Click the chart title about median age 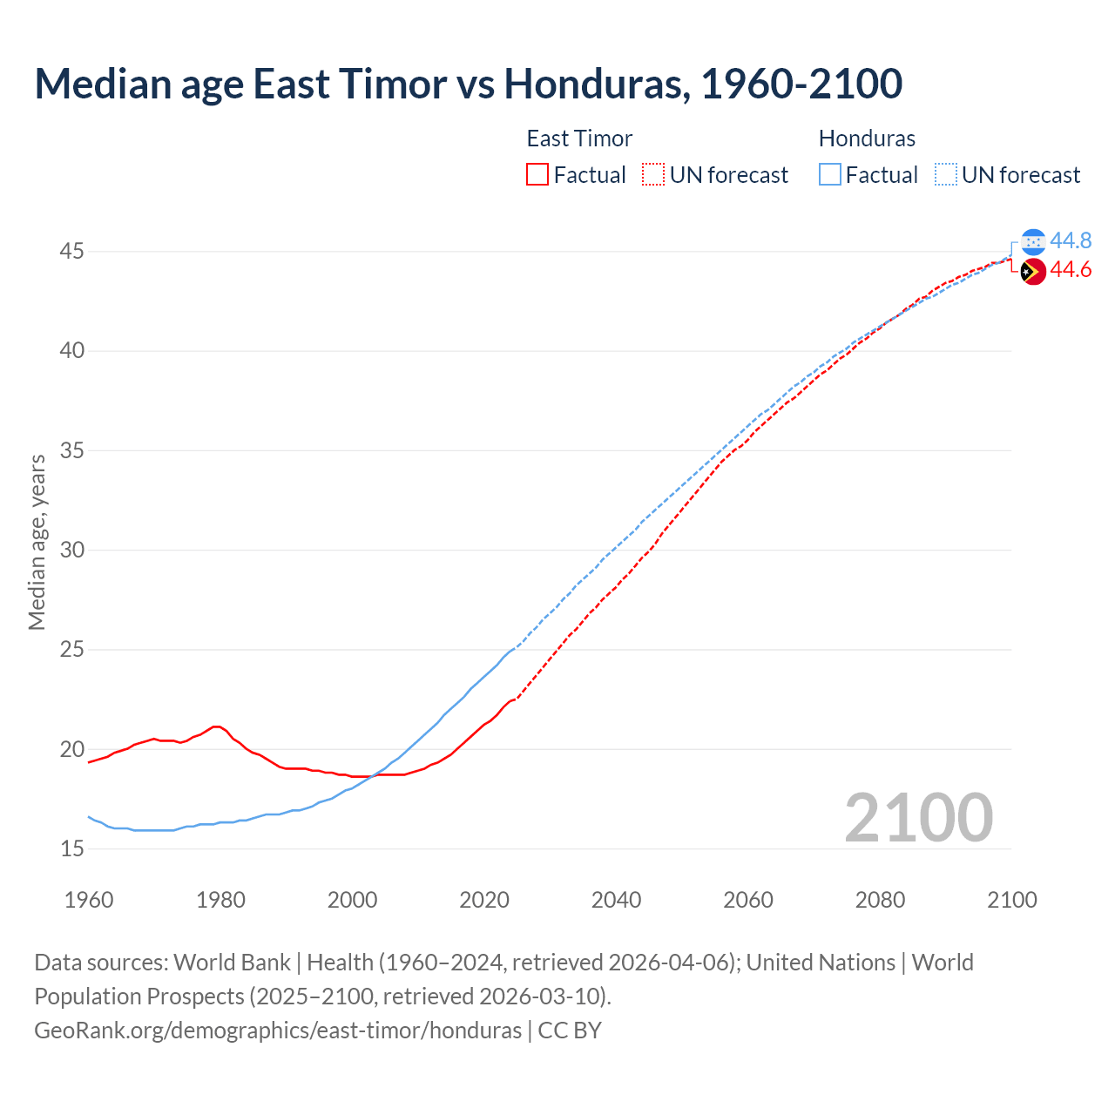[x=468, y=84]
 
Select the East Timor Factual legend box [x=537, y=175]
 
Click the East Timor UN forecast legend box [x=653, y=175]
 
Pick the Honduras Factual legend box [x=830, y=175]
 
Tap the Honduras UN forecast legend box [x=945, y=175]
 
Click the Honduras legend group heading [x=867, y=139]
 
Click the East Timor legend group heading [x=579, y=139]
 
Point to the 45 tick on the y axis [x=72, y=252]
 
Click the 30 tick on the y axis [x=72, y=550]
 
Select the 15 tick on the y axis [x=72, y=848]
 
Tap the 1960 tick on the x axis [x=89, y=900]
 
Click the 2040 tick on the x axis [x=616, y=900]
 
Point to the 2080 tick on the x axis [x=880, y=900]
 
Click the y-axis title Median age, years [x=37, y=542]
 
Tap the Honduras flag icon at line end [x=1033, y=241]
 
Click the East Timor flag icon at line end [x=1033, y=272]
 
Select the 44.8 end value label [x=1071, y=241]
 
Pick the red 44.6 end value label [x=1071, y=271]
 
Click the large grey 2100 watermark [x=919, y=817]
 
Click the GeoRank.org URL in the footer [x=278, y=1031]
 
